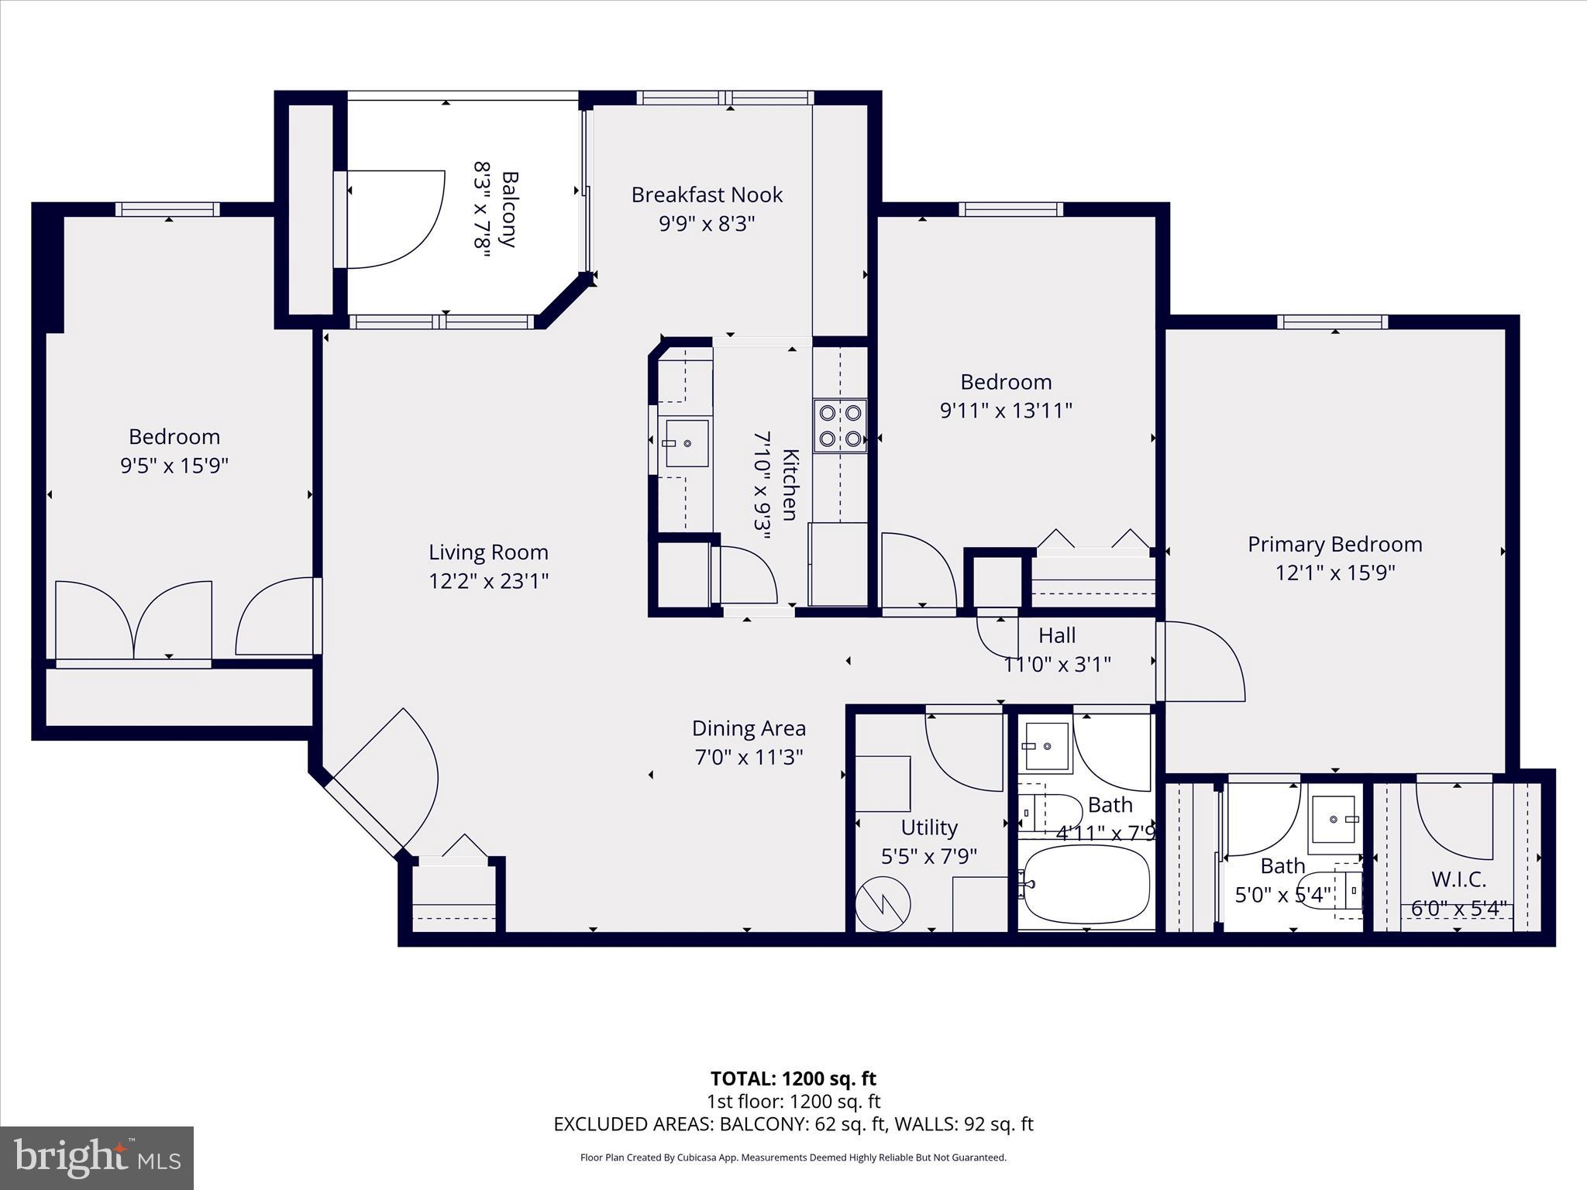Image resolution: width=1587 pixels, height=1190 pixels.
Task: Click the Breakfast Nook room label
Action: coord(707,194)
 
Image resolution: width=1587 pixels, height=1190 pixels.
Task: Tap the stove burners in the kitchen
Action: coord(840,425)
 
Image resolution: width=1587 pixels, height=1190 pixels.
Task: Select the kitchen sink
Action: coord(687,443)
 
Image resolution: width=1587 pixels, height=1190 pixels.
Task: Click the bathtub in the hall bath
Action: coord(1086,884)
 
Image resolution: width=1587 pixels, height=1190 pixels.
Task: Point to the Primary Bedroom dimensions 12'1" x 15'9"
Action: coord(1334,573)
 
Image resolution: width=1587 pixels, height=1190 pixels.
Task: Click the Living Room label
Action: coord(488,552)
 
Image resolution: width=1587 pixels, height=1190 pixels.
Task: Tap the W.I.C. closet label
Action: coord(1458,879)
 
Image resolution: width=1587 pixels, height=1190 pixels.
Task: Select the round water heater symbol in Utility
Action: coord(883,903)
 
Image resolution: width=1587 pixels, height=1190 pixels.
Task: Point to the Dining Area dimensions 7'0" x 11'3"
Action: coord(749,757)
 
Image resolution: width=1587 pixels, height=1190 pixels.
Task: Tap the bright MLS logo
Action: coord(97,1157)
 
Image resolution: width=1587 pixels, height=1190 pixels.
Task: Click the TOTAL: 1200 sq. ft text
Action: coord(793,1078)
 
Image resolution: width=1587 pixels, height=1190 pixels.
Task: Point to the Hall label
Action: coord(1057,635)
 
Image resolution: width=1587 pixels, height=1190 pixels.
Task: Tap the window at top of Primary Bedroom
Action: coord(1332,322)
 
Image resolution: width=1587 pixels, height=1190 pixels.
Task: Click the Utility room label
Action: coord(928,827)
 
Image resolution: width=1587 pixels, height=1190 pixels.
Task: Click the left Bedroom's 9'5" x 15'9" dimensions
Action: coord(174,466)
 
